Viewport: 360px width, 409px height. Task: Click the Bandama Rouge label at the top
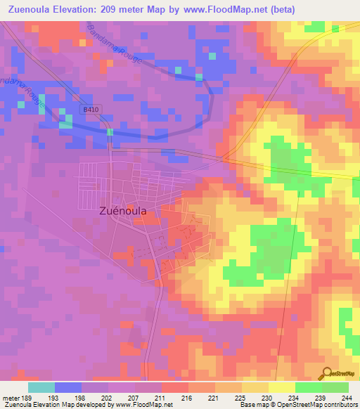click(x=115, y=44)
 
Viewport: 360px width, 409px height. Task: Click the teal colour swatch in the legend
click(x=41, y=387)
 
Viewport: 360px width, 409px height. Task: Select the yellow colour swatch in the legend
click(x=281, y=387)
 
